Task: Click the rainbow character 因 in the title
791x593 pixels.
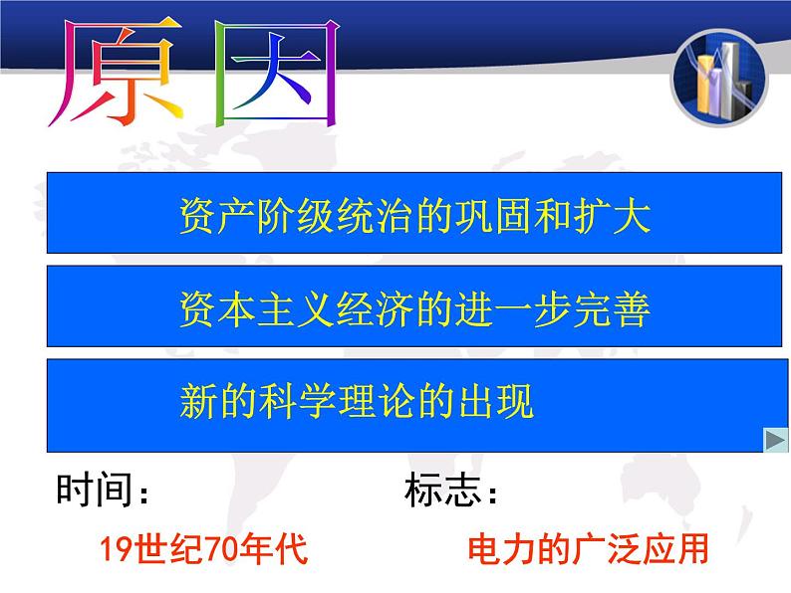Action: click(x=276, y=73)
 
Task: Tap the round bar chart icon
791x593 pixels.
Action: click(x=719, y=78)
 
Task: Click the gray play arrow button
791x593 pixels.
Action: click(x=776, y=440)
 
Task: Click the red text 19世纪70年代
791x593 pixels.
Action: click(x=203, y=548)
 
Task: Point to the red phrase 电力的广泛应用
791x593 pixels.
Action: click(x=588, y=548)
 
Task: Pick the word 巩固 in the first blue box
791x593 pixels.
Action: click(x=494, y=216)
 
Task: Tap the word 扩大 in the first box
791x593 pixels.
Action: click(x=612, y=216)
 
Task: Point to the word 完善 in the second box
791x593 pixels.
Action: click(x=612, y=308)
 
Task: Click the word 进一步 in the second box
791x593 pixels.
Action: click(x=513, y=308)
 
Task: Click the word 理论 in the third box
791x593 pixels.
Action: click(x=376, y=401)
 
